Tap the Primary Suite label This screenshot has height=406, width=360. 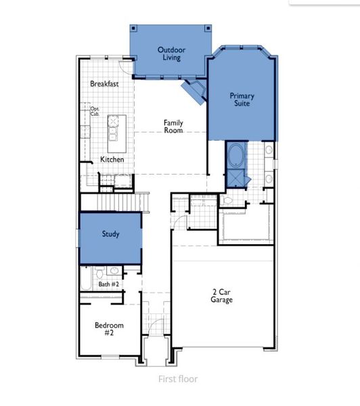(241, 100)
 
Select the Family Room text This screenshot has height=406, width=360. (174, 127)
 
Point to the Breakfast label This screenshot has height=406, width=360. (105, 84)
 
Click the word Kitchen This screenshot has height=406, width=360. (112, 159)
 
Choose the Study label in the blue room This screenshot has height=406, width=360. (111, 234)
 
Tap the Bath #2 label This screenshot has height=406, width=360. (108, 284)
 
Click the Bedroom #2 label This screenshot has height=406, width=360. (108, 329)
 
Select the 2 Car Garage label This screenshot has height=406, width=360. (221, 296)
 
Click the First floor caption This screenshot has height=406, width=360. (178, 379)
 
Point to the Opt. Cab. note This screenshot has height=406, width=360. (95, 111)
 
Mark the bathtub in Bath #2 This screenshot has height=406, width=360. (87, 279)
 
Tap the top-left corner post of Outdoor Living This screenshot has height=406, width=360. (134, 28)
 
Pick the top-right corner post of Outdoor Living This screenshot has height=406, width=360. (208, 28)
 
